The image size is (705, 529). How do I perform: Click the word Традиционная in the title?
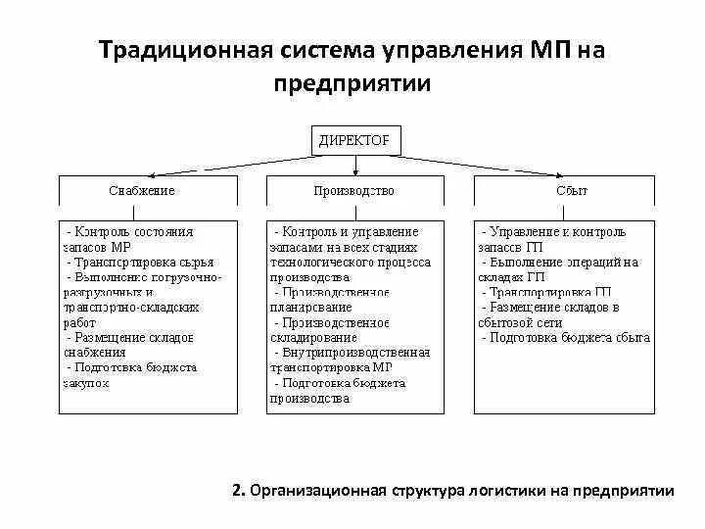tap(183, 50)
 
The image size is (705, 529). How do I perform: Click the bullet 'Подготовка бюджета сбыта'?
tap(566, 337)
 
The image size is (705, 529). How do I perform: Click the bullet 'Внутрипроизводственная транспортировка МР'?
tap(349, 360)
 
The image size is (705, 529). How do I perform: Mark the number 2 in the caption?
tap(238, 491)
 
